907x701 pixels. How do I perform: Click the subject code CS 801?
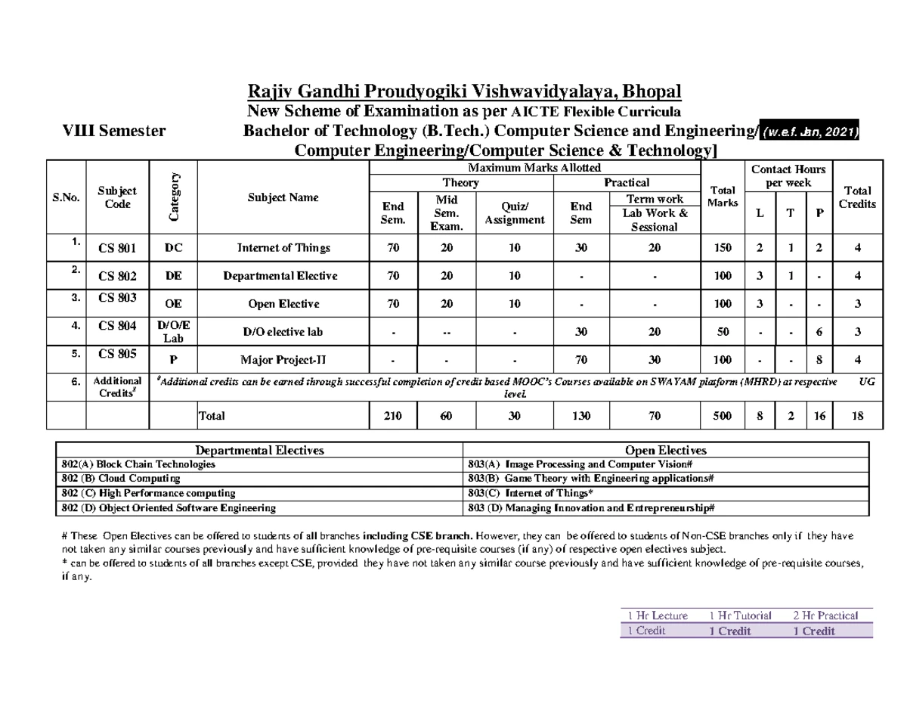[x=118, y=248]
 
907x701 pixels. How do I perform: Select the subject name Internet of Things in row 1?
[x=283, y=248]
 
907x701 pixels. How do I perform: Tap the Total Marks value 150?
[x=723, y=248]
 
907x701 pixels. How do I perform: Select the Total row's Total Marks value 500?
[x=723, y=415]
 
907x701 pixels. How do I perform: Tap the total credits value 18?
[x=858, y=415]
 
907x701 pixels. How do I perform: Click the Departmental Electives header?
[x=260, y=450]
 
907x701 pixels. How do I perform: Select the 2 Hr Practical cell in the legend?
[x=825, y=616]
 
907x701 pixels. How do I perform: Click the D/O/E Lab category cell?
[x=172, y=331]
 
